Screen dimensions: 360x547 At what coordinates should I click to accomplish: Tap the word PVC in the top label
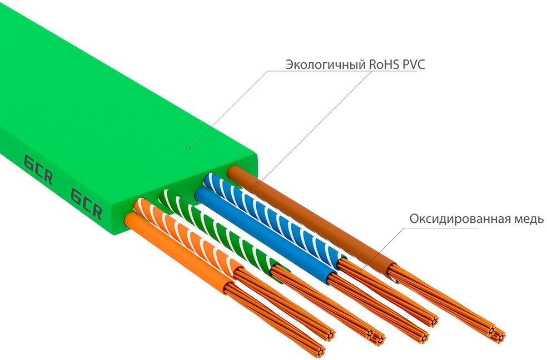pos(414,64)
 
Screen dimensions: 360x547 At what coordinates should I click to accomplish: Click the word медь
pos(529,218)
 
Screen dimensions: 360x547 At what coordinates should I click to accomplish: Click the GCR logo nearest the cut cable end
pos(86,203)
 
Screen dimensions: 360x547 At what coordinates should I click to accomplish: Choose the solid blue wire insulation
pos(261,233)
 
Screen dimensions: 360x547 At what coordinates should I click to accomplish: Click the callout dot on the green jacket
pos(188,147)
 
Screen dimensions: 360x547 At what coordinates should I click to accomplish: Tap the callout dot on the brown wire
pos(256,184)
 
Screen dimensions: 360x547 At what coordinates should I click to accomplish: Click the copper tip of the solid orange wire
pos(318,350)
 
